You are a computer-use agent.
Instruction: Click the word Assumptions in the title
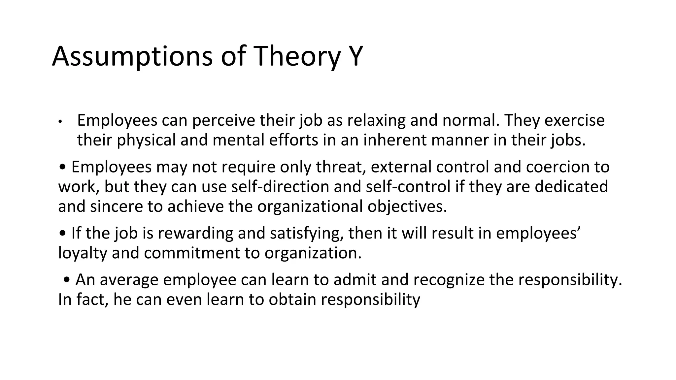[x=132, y=57]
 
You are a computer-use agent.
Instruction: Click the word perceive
[x=223, y=120]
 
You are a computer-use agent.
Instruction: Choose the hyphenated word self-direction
[x=280, y=187]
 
